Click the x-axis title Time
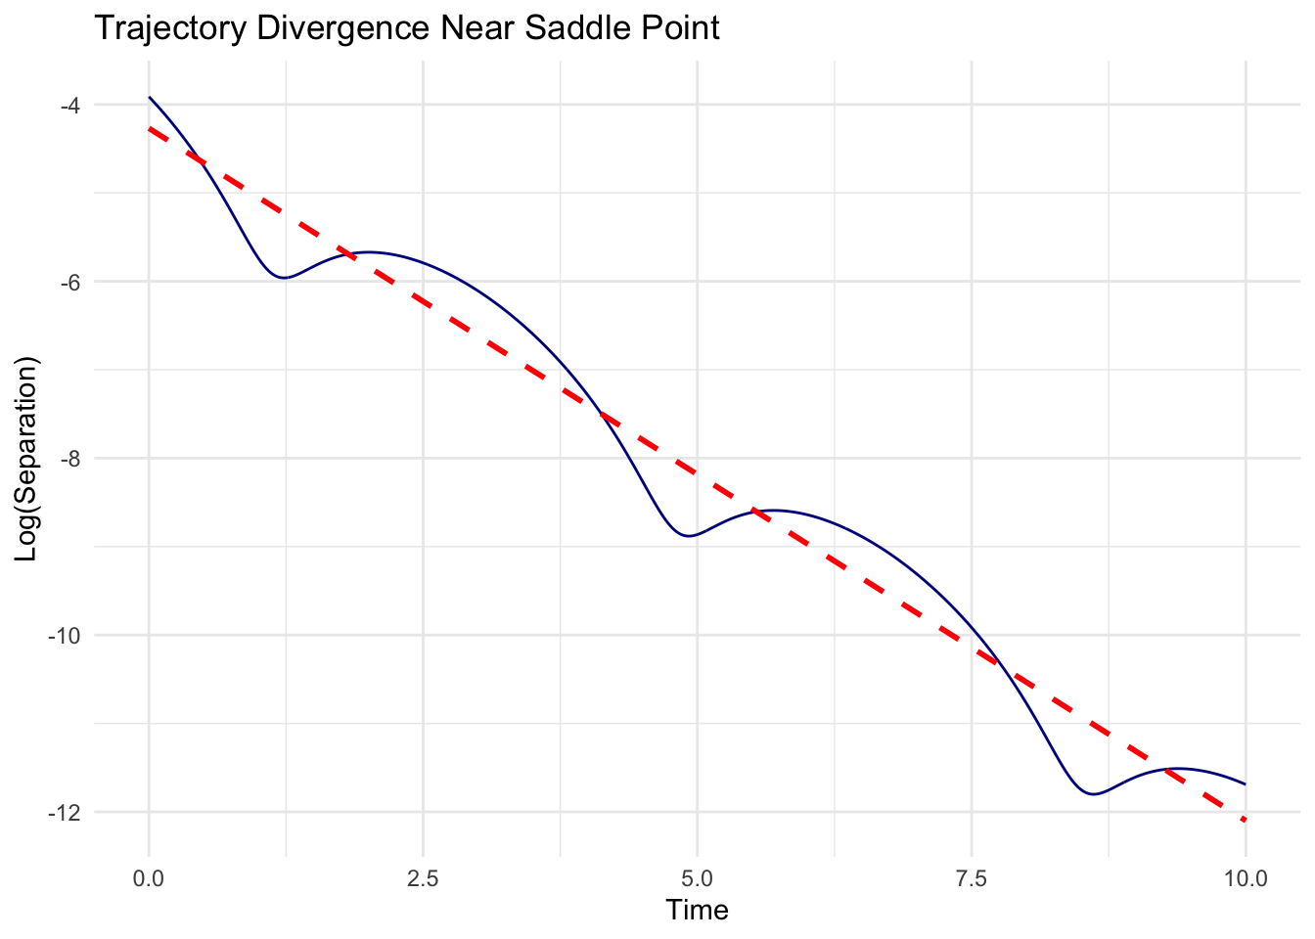point(697,911)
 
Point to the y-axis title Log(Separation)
point(26,458)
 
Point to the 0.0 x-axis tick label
point(149,877)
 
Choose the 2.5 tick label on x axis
point(423,877)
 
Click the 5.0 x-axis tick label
point(697,877)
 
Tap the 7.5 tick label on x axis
point(972,877)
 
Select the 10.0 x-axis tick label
point(1245,877)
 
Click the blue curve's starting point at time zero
point(149,97)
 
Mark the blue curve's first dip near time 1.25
point(284,278)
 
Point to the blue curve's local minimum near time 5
point(691,536)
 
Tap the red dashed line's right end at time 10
point(1246,820)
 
